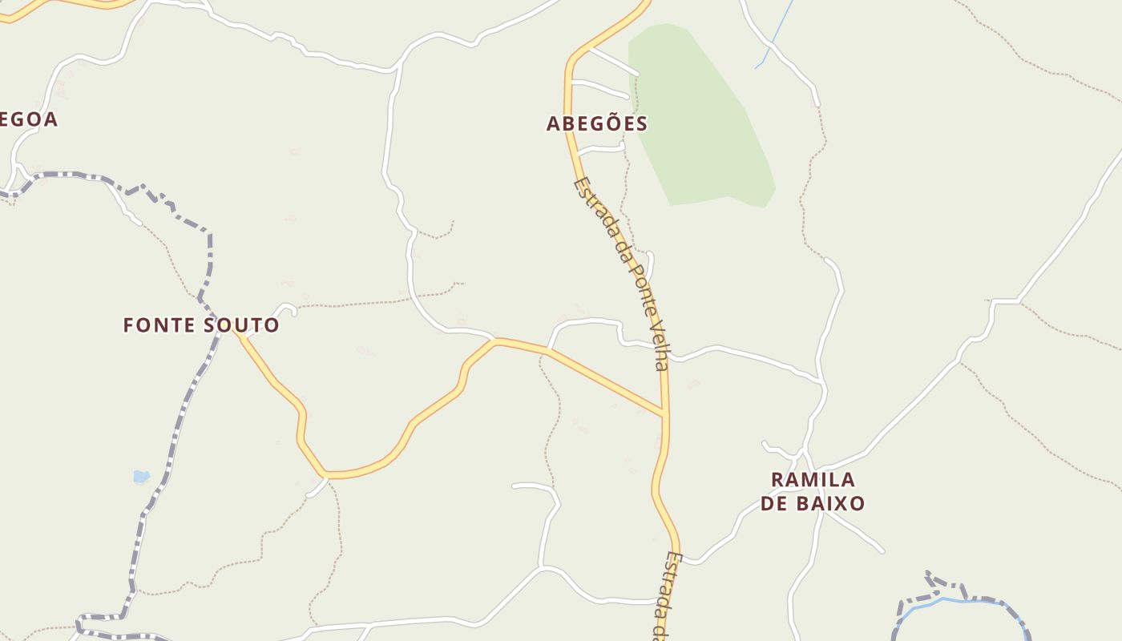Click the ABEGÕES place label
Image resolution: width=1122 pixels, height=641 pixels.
click(x=596, y=123)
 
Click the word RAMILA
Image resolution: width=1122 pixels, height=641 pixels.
click(x=813, y=479)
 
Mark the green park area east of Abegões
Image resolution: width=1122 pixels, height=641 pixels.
click(x=701, y=120)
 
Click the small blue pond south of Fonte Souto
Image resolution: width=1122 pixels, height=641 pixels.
click(x=141, y=477)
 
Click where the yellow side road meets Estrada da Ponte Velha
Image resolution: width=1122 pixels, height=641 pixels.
click(x=664, y=414)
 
